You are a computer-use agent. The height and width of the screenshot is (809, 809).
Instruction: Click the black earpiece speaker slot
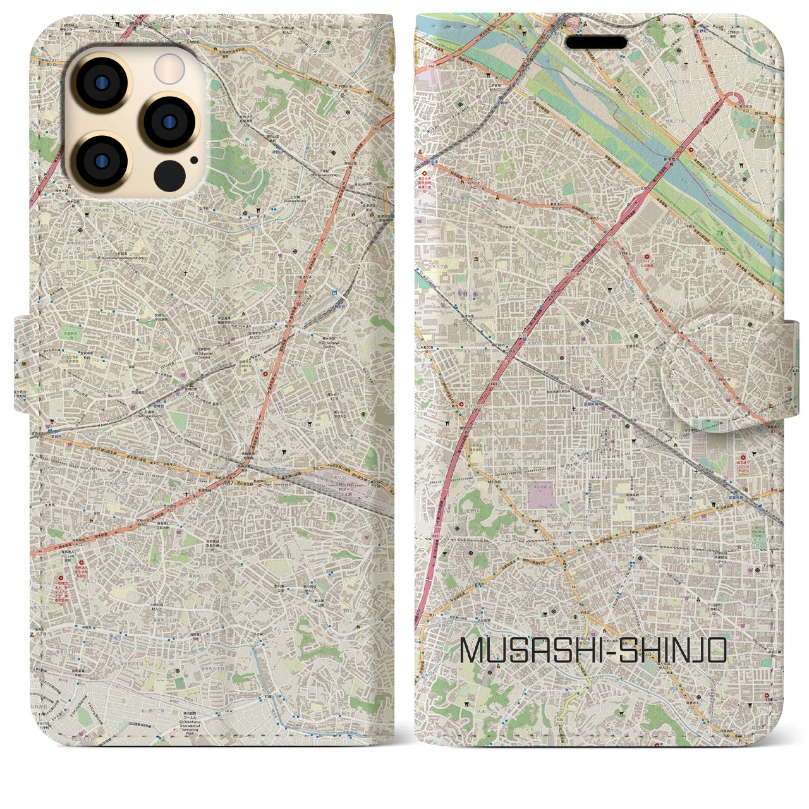coord(596,42)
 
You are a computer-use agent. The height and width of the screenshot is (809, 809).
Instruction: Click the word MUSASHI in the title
coord(530,651)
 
